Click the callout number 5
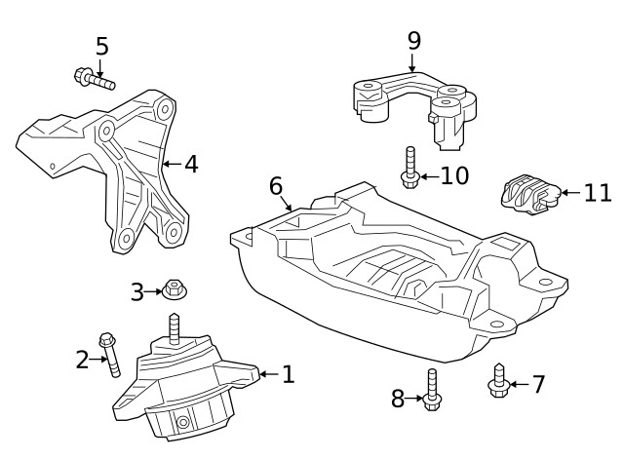click(101, 46)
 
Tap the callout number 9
click(413, 40)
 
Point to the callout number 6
click(276, 185)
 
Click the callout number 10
click(454, 175)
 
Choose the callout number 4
click(191, 164)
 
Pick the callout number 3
click(137, 290)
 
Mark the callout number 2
click(82, 360)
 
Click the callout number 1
click(288, 373)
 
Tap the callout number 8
click(398, 398)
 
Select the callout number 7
click(538, 385)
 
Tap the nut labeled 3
click(175, 289)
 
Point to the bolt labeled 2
click(111, 355)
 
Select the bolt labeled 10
click(409, 169)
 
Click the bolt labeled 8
click(432, 390)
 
